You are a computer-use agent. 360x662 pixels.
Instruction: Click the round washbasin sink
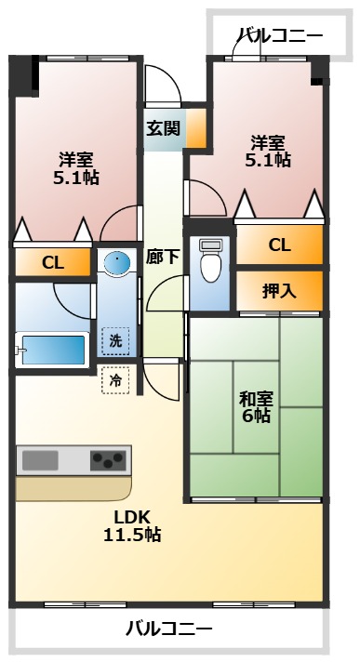click(117, 264)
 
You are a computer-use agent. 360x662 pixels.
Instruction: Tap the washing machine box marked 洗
click(116, 340)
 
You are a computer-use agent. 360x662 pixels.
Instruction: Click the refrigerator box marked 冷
click(116, 379)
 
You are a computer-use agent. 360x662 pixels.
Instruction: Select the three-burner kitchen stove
click(109, 460)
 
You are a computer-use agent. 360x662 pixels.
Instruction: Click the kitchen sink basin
click(41, 460)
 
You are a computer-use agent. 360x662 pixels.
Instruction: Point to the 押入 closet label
click(279, 290)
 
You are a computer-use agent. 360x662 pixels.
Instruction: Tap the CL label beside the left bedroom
click(52, 263)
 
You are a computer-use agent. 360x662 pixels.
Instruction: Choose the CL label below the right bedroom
click(279, 245)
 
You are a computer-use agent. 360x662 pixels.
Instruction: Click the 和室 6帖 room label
click(256, 407)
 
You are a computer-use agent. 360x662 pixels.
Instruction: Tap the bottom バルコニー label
click(168, 629)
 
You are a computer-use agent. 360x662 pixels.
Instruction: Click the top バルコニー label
click(280, 37)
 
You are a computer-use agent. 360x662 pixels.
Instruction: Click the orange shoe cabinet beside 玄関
click(195, 129)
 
